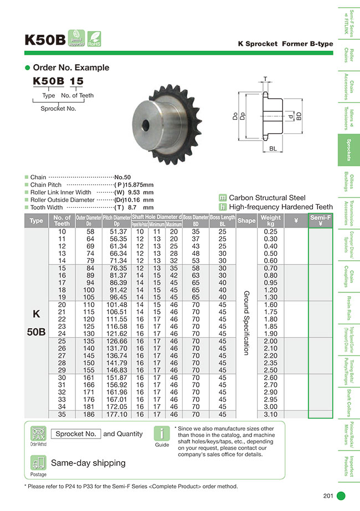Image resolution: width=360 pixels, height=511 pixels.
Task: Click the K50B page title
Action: click(45, 40)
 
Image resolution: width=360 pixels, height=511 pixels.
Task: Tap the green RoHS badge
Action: click(94, 38)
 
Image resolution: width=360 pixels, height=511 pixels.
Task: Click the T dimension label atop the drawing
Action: click(265, 79)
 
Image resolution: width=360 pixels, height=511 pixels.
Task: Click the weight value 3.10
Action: click(270, 414)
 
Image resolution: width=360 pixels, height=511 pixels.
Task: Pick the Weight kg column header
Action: click(270, 221)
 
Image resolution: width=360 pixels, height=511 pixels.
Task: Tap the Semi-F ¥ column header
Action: click(321, 221)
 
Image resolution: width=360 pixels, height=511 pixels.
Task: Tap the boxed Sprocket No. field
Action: click(75, 434)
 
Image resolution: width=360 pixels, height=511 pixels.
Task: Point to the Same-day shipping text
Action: click(88, 463)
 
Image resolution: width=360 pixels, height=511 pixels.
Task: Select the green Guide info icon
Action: click(161, 433)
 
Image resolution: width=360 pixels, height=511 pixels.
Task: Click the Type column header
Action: click(36, 221)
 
